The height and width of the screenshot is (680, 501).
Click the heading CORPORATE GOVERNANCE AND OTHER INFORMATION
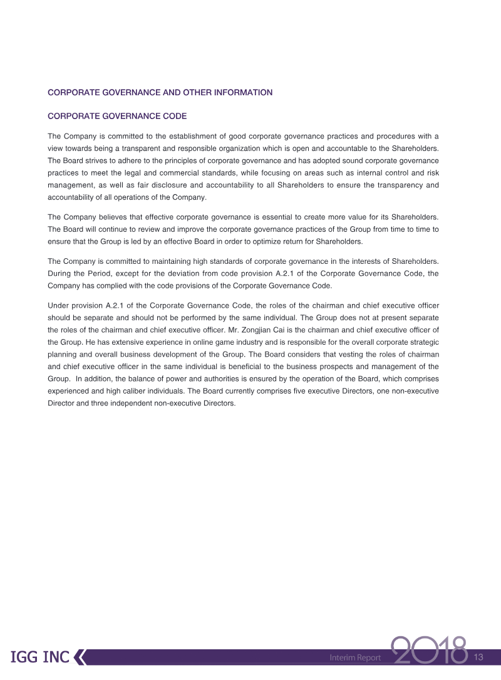pyautogui.click(x=160, y=93)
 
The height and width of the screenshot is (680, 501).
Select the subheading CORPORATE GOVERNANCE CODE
pyautogui.click(x=117, y=117)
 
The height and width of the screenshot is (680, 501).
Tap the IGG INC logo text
pyautogui.click(x=40, y=657)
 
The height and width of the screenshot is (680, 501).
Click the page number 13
pyautogui.click(x=479, y=657)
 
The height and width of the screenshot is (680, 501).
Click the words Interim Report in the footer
pyautogui.click(x=355, y=657)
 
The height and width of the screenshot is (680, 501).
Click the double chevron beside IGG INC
pyautogui.click(x=80, y=657)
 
